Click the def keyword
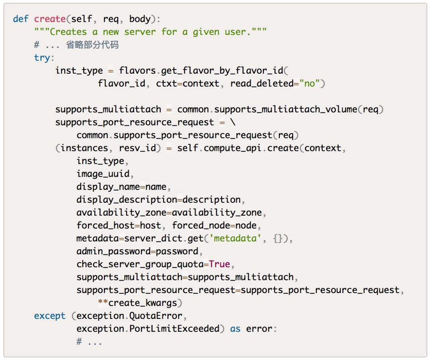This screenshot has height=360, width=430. (21, 19)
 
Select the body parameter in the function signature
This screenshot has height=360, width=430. (140, 19)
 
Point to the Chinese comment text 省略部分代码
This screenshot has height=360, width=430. (92, 45)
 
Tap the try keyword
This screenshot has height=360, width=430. (42, 58)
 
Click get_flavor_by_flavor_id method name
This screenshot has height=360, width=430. (222, 70)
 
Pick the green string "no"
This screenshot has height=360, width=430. (309, 84)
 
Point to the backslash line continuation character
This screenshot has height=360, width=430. (233, 122)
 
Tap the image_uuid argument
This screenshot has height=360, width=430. (103, 174)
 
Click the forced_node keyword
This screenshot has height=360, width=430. (201, 225)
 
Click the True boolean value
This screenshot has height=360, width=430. (219, 264)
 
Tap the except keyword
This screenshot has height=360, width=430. (50, 316)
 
